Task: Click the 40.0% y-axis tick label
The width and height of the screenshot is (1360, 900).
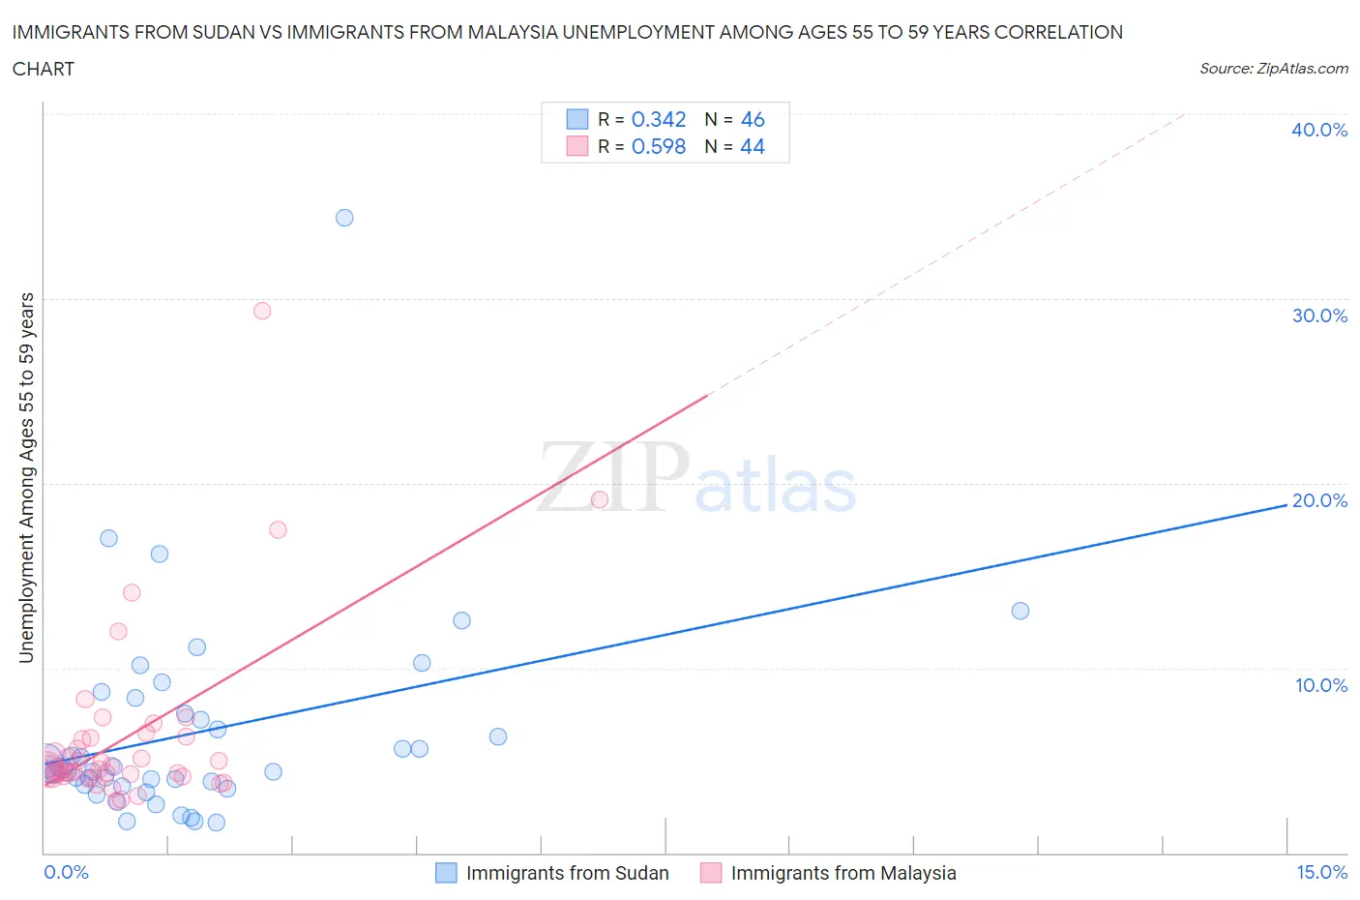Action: (x=1318, y=130)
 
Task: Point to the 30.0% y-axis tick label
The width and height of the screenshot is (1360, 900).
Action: (x=1318, y=315)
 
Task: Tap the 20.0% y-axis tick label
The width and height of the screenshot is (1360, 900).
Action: (x=1319, y=500)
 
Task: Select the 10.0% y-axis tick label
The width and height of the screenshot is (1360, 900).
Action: (x=1320, y=685)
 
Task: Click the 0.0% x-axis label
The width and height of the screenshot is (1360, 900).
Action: (x=66, y=872)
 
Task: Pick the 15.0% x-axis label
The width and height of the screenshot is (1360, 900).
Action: (x=1321, y=872)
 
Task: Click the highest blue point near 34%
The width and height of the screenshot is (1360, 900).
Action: (x=344, y=218)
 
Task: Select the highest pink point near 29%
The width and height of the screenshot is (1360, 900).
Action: (x=262, y=311)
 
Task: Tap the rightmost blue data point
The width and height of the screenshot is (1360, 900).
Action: (x=1020, y=611)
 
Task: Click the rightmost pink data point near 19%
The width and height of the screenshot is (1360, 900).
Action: (x=600, y=499)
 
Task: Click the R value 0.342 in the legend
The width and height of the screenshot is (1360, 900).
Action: (x=658, y=119)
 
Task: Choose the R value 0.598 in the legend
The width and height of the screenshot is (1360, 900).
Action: (x=658, y=146)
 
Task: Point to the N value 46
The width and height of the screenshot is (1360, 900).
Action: (x=753, y=119)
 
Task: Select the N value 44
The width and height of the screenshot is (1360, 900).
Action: (x=753, y=146)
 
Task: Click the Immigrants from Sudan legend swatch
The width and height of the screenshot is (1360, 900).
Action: (x=446, y=873)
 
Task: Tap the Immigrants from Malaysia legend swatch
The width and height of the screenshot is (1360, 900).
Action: (x=711, y=873)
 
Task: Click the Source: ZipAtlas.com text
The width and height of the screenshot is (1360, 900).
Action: (x=1273, y=68)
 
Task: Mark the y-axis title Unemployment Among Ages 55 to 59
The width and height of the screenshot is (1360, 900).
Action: (x=26, y=477)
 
